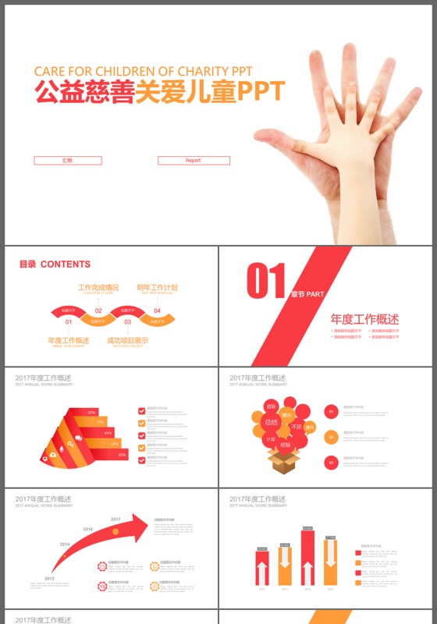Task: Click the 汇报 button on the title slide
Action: [68, 161]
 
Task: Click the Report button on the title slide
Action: [194, 161]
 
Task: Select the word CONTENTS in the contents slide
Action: [66, 264]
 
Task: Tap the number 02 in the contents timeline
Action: [98, 310]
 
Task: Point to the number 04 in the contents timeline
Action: [157, 310]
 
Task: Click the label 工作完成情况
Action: [98, 288]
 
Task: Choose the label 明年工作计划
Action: [158, 288]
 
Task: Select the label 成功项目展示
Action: [128, 341]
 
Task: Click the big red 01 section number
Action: [266, 281]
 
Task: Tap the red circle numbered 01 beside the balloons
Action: [331, 411]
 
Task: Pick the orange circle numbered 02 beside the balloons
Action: [331, 437]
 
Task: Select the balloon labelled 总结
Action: [271, 422]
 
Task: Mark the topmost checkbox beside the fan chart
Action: [141, 409]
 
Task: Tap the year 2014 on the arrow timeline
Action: [65, 544]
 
